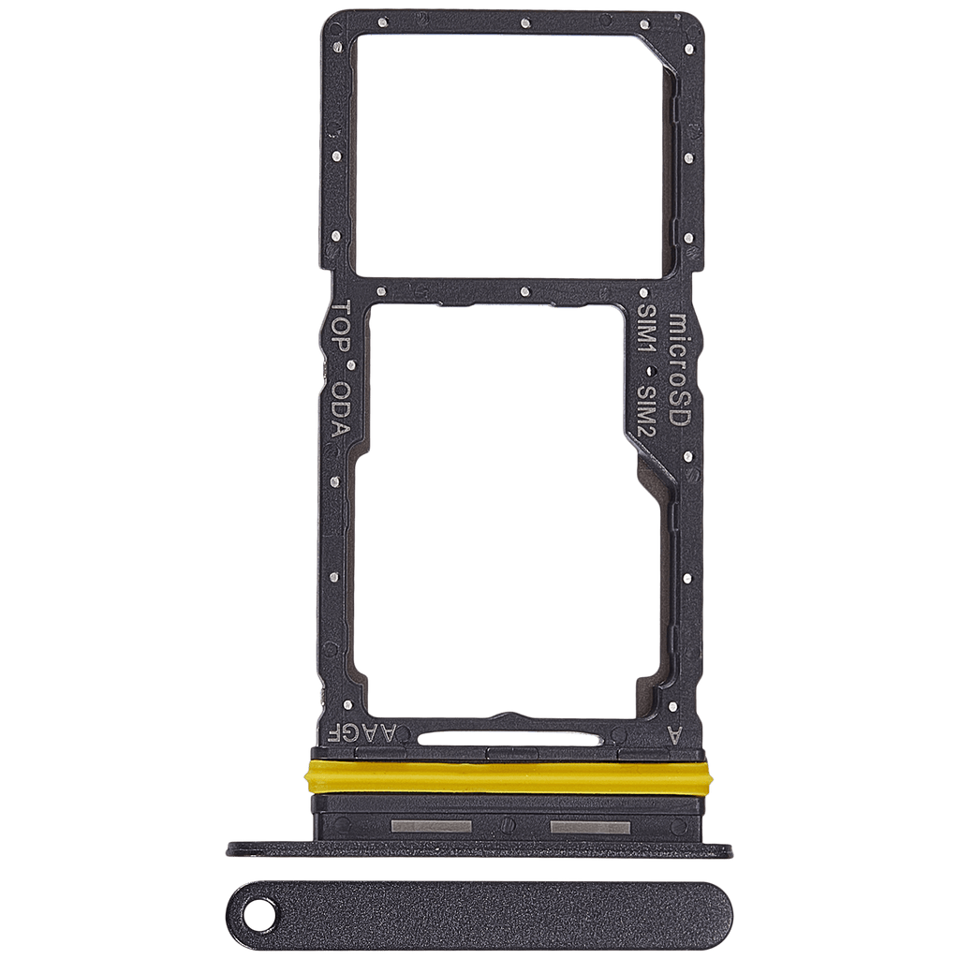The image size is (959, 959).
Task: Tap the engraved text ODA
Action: point(341,410)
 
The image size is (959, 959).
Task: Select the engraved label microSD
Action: point(680,370)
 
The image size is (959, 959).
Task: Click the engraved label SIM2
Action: point(647,412)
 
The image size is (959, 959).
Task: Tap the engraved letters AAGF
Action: point(362,733)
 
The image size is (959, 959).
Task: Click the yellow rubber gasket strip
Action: point(508,776)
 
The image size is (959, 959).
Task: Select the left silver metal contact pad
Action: point(431,827)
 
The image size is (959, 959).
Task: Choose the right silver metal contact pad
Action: point(590,828)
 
